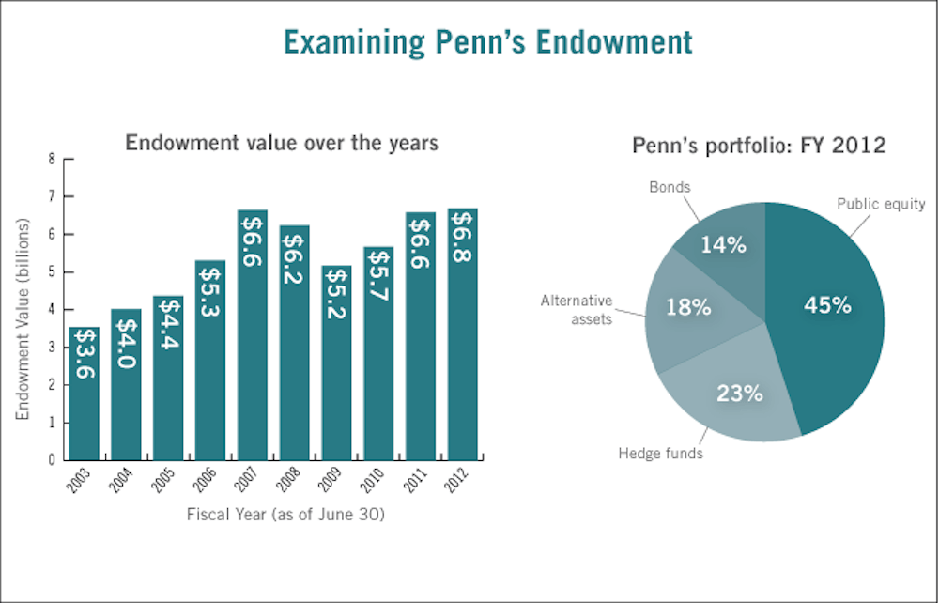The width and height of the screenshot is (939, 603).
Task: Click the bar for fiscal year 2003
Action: pos(84,394)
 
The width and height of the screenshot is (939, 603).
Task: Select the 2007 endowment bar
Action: pos(253,338)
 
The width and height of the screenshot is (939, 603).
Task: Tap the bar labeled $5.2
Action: pos(336,366)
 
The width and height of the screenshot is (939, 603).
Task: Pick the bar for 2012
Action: pos(462,338)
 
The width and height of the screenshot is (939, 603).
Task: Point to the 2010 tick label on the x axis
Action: pos(376,481)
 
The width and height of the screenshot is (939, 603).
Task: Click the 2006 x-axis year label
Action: pos(208,481)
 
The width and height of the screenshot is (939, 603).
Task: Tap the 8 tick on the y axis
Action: pos(54,159)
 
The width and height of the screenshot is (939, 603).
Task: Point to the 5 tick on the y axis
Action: pos(54,272)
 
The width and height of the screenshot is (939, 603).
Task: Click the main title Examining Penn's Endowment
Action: pos(488,42)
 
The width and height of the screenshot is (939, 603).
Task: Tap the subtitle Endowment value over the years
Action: pos(282,144)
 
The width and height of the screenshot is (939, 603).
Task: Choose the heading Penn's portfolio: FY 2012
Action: pos(759,147)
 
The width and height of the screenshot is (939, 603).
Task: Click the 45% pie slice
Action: pos(826,306)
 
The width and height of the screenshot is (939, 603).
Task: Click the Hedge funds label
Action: pos(660,454)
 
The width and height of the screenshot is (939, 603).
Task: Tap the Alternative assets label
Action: pos(577,309)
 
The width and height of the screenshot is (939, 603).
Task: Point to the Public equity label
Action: pos(881,204)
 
